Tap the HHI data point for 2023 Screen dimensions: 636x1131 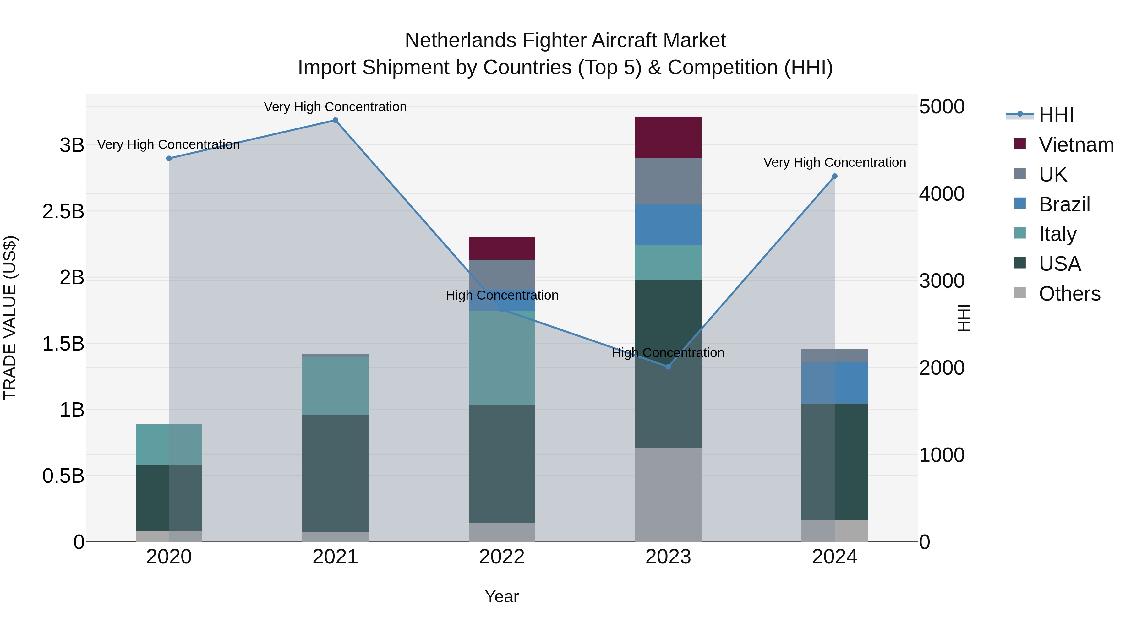(x=668, y=367)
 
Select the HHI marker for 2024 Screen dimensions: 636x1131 (x=835, y=176)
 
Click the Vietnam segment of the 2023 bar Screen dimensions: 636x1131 (x=668, y=137)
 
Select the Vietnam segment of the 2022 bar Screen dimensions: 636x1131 (x=502, y=248)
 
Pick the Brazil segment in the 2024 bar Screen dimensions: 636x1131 (x=835, y=383)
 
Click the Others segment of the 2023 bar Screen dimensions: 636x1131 (x=668, y=494)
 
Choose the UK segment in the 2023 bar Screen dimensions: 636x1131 (x=668, y=181)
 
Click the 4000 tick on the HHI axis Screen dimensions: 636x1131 (x=942, y=193)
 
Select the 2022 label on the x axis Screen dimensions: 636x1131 (x=502, y=557)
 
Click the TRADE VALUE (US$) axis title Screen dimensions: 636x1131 (x=10, y=318)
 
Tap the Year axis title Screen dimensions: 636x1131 (x=502, y=596)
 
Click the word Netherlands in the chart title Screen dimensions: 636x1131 (x=461, y=41)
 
